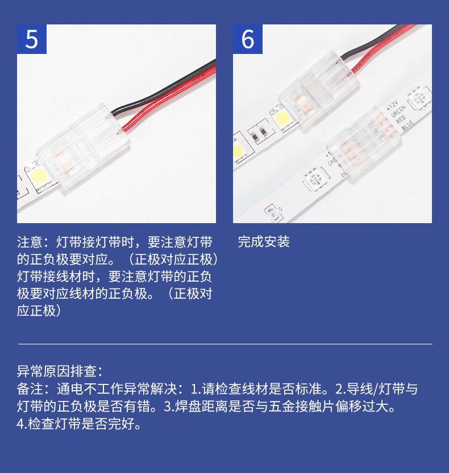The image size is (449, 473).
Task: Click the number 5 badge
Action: [x=32, y=39]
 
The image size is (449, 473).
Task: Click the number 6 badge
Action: [x=248, y=39]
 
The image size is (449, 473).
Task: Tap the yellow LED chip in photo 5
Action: [x=39, y=177]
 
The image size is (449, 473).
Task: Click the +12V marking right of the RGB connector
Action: [x=392, y=105]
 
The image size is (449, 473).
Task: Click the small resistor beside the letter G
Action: [x=273, y=214]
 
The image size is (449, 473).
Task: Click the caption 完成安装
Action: [x=264, y=242]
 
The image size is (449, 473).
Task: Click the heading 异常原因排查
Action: [x=59, y=372]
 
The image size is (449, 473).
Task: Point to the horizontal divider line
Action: [x=225, y=344]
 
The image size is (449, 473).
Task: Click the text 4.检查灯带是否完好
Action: [x=79, y=424]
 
